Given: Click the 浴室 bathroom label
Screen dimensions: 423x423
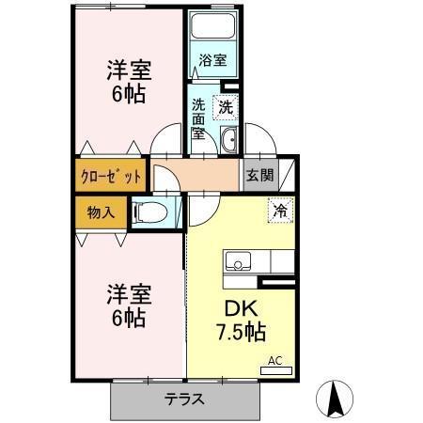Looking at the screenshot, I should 212,61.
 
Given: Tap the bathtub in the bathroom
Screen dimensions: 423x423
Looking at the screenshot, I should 212,27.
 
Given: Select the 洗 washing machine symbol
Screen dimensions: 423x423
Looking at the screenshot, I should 226,107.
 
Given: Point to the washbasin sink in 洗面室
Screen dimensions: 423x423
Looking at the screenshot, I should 228,142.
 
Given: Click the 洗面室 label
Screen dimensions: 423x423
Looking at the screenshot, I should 198,118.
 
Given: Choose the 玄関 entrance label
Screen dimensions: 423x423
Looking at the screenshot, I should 259,175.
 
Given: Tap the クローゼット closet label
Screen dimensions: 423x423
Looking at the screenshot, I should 110,176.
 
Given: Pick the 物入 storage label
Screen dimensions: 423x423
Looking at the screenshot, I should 101,211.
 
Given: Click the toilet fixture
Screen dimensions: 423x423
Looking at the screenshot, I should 151,213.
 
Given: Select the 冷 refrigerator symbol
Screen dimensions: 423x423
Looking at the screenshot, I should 280,210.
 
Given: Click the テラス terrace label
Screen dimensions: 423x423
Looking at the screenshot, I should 184,399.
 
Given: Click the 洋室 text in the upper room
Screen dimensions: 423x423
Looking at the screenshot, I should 129,70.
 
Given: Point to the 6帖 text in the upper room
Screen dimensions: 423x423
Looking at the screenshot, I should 129,95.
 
